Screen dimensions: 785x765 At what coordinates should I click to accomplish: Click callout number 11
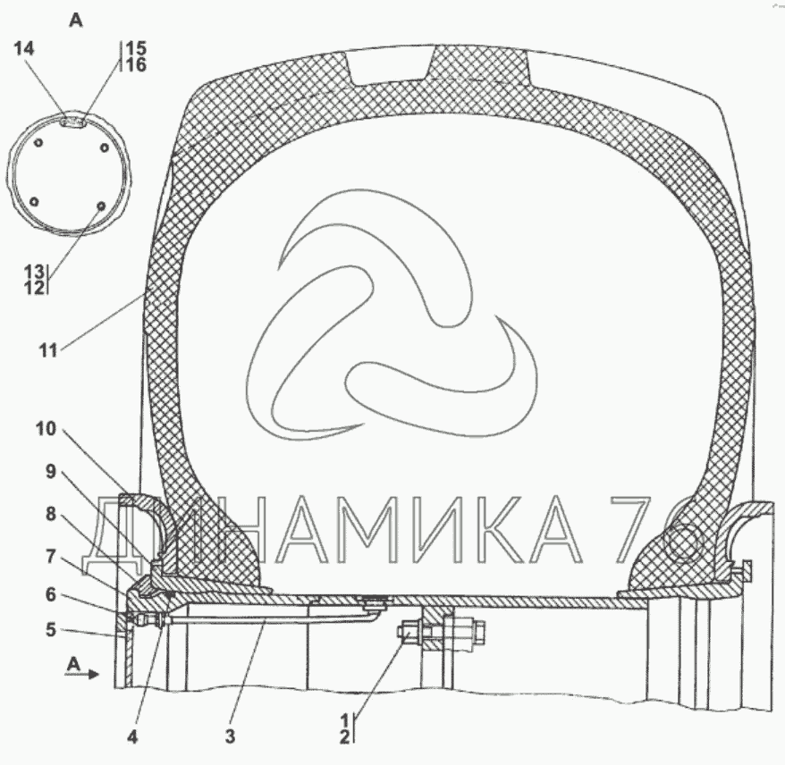(x=48, y=350)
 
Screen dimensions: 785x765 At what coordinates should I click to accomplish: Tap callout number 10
(x=46, y=429)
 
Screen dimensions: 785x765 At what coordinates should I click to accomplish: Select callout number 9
(x=51, y=471)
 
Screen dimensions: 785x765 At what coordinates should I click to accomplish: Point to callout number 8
(x=51, y=514)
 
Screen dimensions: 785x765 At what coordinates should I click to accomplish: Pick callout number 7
(x=51, y=556)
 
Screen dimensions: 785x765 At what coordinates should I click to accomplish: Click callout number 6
(x=51, y=595)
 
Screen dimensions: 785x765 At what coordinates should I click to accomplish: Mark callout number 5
(x=51, y=629)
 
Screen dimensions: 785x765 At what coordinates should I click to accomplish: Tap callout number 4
(x=132, y=736)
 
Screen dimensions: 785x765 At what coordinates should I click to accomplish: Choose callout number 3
(x=230, y=736)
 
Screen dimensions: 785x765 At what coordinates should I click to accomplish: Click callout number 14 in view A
(x=23, y=48)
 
